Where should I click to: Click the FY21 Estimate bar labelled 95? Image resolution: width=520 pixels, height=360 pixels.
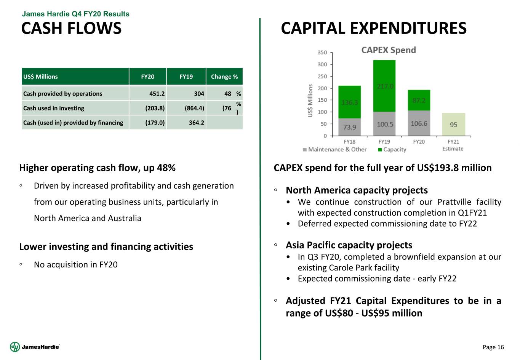tap(454, 125)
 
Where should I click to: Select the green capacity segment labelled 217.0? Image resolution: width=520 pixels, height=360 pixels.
tap(384, 86)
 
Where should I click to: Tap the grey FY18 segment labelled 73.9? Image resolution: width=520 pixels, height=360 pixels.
tap(350, 127)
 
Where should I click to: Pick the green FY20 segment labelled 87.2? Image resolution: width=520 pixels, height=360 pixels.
tap(419, 100)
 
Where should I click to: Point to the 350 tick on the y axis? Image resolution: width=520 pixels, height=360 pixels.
tap(322, 53)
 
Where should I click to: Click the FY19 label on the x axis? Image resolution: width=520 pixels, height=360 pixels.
tap(384, 142)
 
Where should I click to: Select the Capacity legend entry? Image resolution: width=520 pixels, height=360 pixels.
tap(392, 149)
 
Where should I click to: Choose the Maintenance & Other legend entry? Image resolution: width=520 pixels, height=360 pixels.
tap(335, 149)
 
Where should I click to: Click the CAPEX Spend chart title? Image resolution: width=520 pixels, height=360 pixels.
tap(389, 50)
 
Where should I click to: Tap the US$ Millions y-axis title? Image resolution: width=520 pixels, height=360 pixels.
tap(310, 101)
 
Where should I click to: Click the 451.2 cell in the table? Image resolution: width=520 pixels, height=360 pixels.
tap(157, 94)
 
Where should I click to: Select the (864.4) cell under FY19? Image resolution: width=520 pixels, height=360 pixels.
tap(195, 108)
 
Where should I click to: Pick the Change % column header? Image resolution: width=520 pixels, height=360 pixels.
tap(224, 77)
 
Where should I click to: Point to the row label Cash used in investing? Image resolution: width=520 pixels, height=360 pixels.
tap(54, 108)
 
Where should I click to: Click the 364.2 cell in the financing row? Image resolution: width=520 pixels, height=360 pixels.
tap(197, 123)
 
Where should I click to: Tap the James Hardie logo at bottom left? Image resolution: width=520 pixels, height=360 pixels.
tap(35, 347)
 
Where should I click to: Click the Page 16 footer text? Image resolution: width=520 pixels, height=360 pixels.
tap(493, 347)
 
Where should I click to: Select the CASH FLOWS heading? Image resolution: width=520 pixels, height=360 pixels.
tap(71, 28)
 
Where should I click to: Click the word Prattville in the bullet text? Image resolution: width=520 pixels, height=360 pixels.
tap(454, 202)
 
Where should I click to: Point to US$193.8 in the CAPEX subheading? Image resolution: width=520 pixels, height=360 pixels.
tap(438, 168)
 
